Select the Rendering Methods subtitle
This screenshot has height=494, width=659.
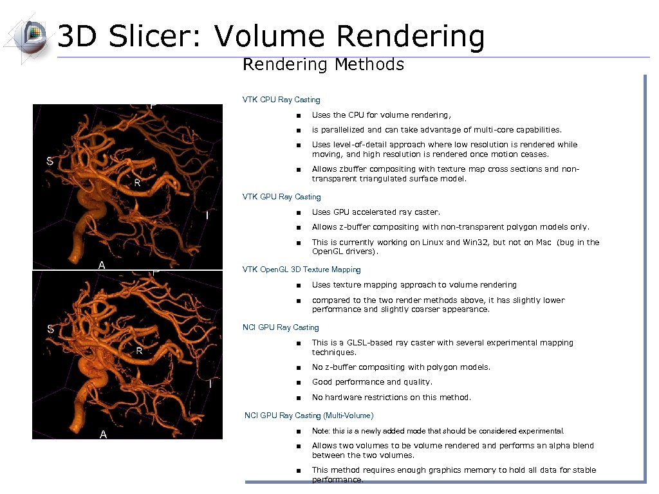(x=323, y=65)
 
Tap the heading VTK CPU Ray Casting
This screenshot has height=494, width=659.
(x=281, y=100)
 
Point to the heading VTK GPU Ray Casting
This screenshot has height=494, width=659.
(x=281, y=197)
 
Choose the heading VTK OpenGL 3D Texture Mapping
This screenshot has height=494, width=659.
(x=301, y=270)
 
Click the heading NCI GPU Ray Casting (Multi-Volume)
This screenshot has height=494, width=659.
(x=309, y=416)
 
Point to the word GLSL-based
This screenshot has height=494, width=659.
(x=369, y=343)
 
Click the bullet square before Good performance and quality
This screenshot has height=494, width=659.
(x=299, y=383)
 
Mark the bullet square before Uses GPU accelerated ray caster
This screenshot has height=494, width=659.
(x=299, y=213)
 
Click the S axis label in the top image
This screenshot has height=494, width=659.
(x=50, y=161)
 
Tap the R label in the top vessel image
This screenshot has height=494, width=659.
(x=137, y=183)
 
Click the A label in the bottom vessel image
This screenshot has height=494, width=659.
(x=103, y=435)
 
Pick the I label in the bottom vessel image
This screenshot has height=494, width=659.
(x=210, y=384)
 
